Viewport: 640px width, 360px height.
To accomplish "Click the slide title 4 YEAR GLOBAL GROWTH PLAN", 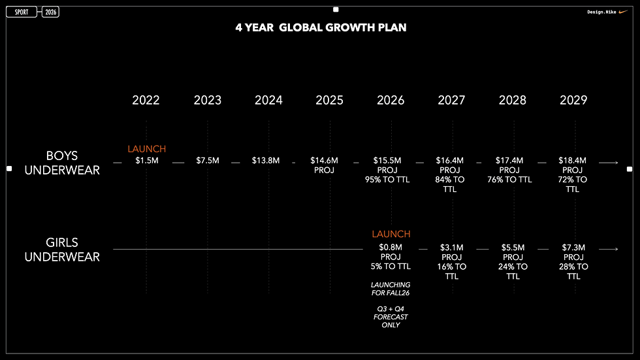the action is [321, 27].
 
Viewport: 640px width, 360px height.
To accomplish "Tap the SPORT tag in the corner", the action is [21, 12].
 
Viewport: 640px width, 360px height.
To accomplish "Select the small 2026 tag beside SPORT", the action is [51, 12].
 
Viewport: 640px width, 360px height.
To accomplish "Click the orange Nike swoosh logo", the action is [623, 12].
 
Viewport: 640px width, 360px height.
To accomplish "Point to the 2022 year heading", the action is [146, 100].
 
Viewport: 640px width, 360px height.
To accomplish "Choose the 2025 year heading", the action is [329, 100].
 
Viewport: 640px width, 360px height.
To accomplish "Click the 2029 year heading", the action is [573, 100].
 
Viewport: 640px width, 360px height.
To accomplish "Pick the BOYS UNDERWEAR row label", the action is [62, 163].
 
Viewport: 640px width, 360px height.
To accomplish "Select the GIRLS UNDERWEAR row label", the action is [62, 250].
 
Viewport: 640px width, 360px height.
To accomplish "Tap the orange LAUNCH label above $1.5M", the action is [146, 149].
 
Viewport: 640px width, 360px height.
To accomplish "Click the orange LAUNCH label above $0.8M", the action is [391, 234].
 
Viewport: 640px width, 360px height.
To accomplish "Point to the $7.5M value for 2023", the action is [208, 161].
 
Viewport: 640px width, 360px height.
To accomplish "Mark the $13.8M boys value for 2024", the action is [266, 161].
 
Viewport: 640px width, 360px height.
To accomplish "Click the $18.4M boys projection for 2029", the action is [573, 161].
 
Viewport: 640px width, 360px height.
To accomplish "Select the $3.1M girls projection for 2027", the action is [452, 248].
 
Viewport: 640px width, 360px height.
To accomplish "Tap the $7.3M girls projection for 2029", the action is [573, 248].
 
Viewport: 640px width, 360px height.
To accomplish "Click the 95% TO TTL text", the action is [387, 180].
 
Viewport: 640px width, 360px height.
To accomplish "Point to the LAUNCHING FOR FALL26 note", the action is [391, 289].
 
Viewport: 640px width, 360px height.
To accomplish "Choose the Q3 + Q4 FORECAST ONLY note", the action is [391, 317].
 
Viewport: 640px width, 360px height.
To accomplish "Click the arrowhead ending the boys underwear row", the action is [616, 163].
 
